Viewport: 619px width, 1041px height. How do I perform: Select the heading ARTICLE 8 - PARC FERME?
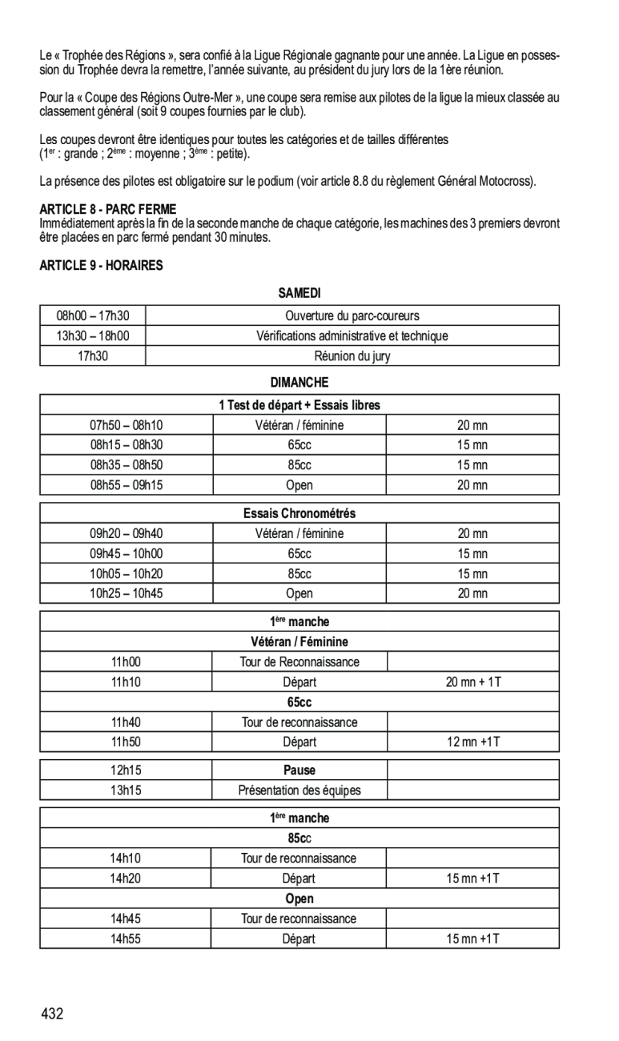click(x=108, y=209)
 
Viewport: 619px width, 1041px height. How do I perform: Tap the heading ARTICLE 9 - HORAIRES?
click(x=101, y=266)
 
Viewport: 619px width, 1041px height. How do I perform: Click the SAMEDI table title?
click(x=299, y=295)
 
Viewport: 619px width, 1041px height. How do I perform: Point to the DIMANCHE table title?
click(x=299, y=383)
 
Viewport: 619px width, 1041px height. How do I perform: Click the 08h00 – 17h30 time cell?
click(x=93, y=316)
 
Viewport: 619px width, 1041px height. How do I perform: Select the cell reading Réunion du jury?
click(x=352, y=356)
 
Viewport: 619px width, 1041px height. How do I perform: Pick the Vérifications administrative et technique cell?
click(x=352, y=336)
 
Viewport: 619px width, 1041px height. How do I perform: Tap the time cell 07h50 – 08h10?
click(x=126, y=425)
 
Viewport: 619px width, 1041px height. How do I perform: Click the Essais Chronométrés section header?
click(x=299, y=513)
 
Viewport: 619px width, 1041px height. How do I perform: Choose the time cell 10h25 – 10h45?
click(x=126, y=593)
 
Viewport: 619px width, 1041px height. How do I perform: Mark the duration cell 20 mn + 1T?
click(x=473, y=682)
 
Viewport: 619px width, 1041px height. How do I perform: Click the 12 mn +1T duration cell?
click(x=473, y=742)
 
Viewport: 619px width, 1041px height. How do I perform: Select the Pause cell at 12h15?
click(x=299, y=770)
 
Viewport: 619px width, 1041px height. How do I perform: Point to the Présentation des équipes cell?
click(x=299, y=790)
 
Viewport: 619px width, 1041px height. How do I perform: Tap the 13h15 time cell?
click(x=126, y=790)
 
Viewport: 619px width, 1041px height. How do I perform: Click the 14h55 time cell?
click(x=126, y=939)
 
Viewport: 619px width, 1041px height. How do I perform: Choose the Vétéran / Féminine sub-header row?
click(x=299, y=641)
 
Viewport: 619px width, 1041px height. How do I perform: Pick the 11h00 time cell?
click(x=126, y=661)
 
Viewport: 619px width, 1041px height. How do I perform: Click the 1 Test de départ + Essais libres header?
click(x=299, y=405)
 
